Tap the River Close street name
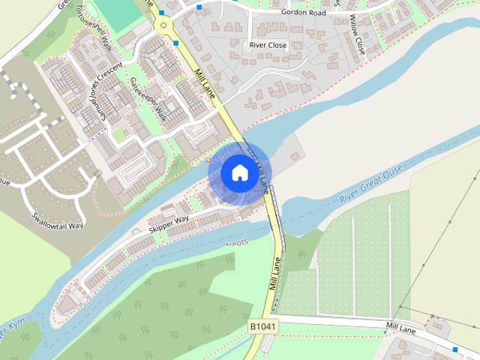pos(268,45)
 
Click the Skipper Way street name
pos(168,223)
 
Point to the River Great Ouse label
pos(370,186)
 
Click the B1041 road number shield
pos(262,328)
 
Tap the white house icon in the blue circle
pos(239,173)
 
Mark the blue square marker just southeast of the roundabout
pos(175,43)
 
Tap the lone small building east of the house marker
pos(295,156)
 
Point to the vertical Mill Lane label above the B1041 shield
pos(274,274)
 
